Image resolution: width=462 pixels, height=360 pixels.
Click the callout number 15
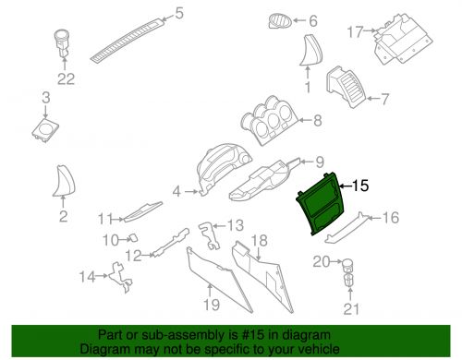[x=360, y=186]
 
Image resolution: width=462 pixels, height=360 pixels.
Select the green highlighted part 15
[x=322, y=204]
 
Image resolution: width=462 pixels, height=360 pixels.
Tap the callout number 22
[x=66, y=79]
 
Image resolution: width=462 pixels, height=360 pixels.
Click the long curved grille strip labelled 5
[x=127, y=39]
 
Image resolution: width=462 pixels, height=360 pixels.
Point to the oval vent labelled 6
[x=280, y=21]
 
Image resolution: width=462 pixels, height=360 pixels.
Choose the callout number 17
[x=355, y=32]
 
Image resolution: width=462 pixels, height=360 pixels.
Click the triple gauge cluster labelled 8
[x=270, y=122]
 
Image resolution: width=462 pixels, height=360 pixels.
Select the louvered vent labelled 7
[x=346, y=88]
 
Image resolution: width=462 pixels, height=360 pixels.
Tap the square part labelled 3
[x=45, y=130]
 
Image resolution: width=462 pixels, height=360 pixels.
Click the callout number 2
[x=63, y=217]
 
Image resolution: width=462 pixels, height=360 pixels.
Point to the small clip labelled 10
[x=133, y=238]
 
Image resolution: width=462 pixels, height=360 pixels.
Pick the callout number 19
[x=212, y=305]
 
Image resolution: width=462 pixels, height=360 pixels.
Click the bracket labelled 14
[x=120, y=277]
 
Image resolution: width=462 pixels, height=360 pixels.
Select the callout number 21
[x=351, y=309]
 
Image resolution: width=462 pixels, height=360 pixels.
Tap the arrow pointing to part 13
[x=219, y=226]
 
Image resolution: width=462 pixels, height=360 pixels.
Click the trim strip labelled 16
[x=346, y=227]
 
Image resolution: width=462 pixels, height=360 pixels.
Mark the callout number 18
[x=260, y=241]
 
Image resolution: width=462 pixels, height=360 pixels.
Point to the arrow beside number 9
[x=307, y=162]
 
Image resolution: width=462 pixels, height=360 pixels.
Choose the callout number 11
[x=104, y=219]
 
